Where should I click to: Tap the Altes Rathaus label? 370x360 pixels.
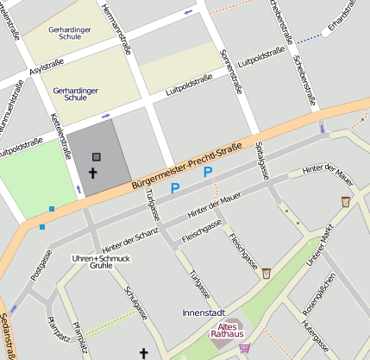tap(228, 332)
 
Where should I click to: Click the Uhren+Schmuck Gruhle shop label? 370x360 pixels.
tap(101, 262)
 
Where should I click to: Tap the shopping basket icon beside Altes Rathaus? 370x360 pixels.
tap(245, 349)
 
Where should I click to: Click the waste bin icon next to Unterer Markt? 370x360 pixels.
tap(346, 201)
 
